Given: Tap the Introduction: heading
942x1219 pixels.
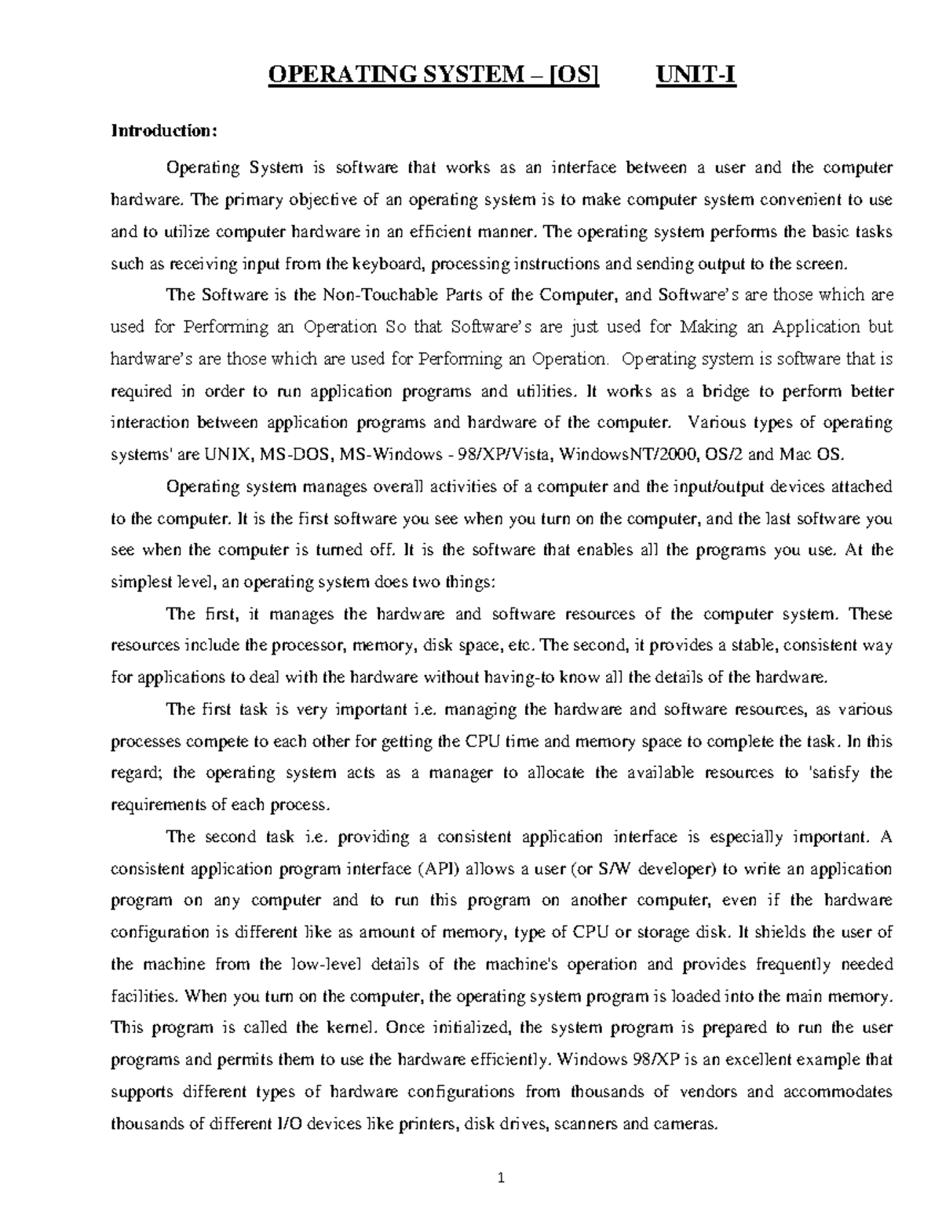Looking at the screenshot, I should (x=162, y=130).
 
